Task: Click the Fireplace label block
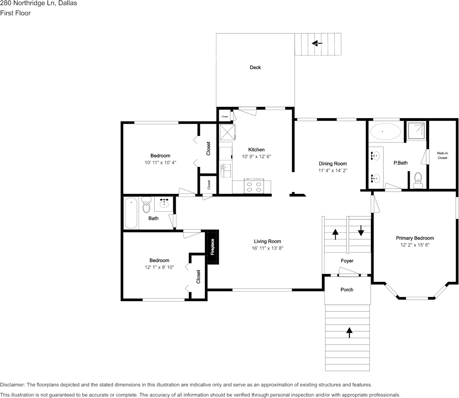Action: point(212,247)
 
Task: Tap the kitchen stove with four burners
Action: point(254,186)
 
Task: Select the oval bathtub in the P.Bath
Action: point(385,132)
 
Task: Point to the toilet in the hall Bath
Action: point(146,205)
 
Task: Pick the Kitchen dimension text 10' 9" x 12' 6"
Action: point(256,157)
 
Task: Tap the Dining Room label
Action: point(333,164)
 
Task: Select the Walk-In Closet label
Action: point(442,155)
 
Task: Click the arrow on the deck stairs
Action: point(317,43)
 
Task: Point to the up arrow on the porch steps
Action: point(349,332)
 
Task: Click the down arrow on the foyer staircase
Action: point(361,231)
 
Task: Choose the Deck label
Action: point(255,67)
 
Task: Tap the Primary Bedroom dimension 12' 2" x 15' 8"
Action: point(415,245)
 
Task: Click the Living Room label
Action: point(267,241)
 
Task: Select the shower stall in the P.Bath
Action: point(416,130)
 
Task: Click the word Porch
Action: point(347,289)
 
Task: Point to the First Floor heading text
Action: point(15,13)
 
